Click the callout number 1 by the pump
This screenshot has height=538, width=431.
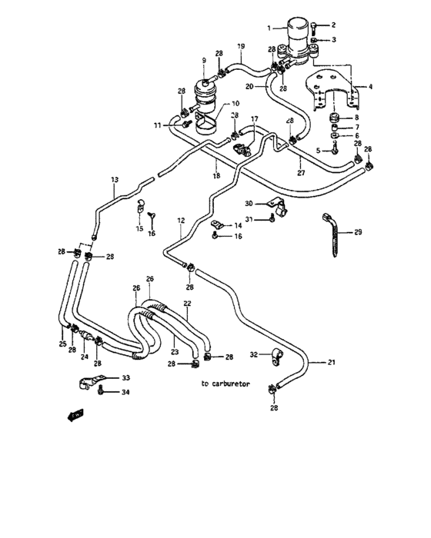[x=269, y=28]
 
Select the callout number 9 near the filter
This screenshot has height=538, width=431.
[x=204, y=61]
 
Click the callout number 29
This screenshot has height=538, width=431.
[x=357, y=231]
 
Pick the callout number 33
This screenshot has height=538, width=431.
[x=125, y=378]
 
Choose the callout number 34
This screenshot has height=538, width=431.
[x=125, y=393]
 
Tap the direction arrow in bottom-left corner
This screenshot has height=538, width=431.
[x=75, y=416]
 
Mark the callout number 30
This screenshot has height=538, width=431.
[x=249, y=203]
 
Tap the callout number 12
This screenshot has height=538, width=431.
[x=180, y=221]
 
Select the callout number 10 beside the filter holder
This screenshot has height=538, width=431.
[x=235, y=103]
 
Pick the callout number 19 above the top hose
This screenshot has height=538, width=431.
[x=240, y=48]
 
